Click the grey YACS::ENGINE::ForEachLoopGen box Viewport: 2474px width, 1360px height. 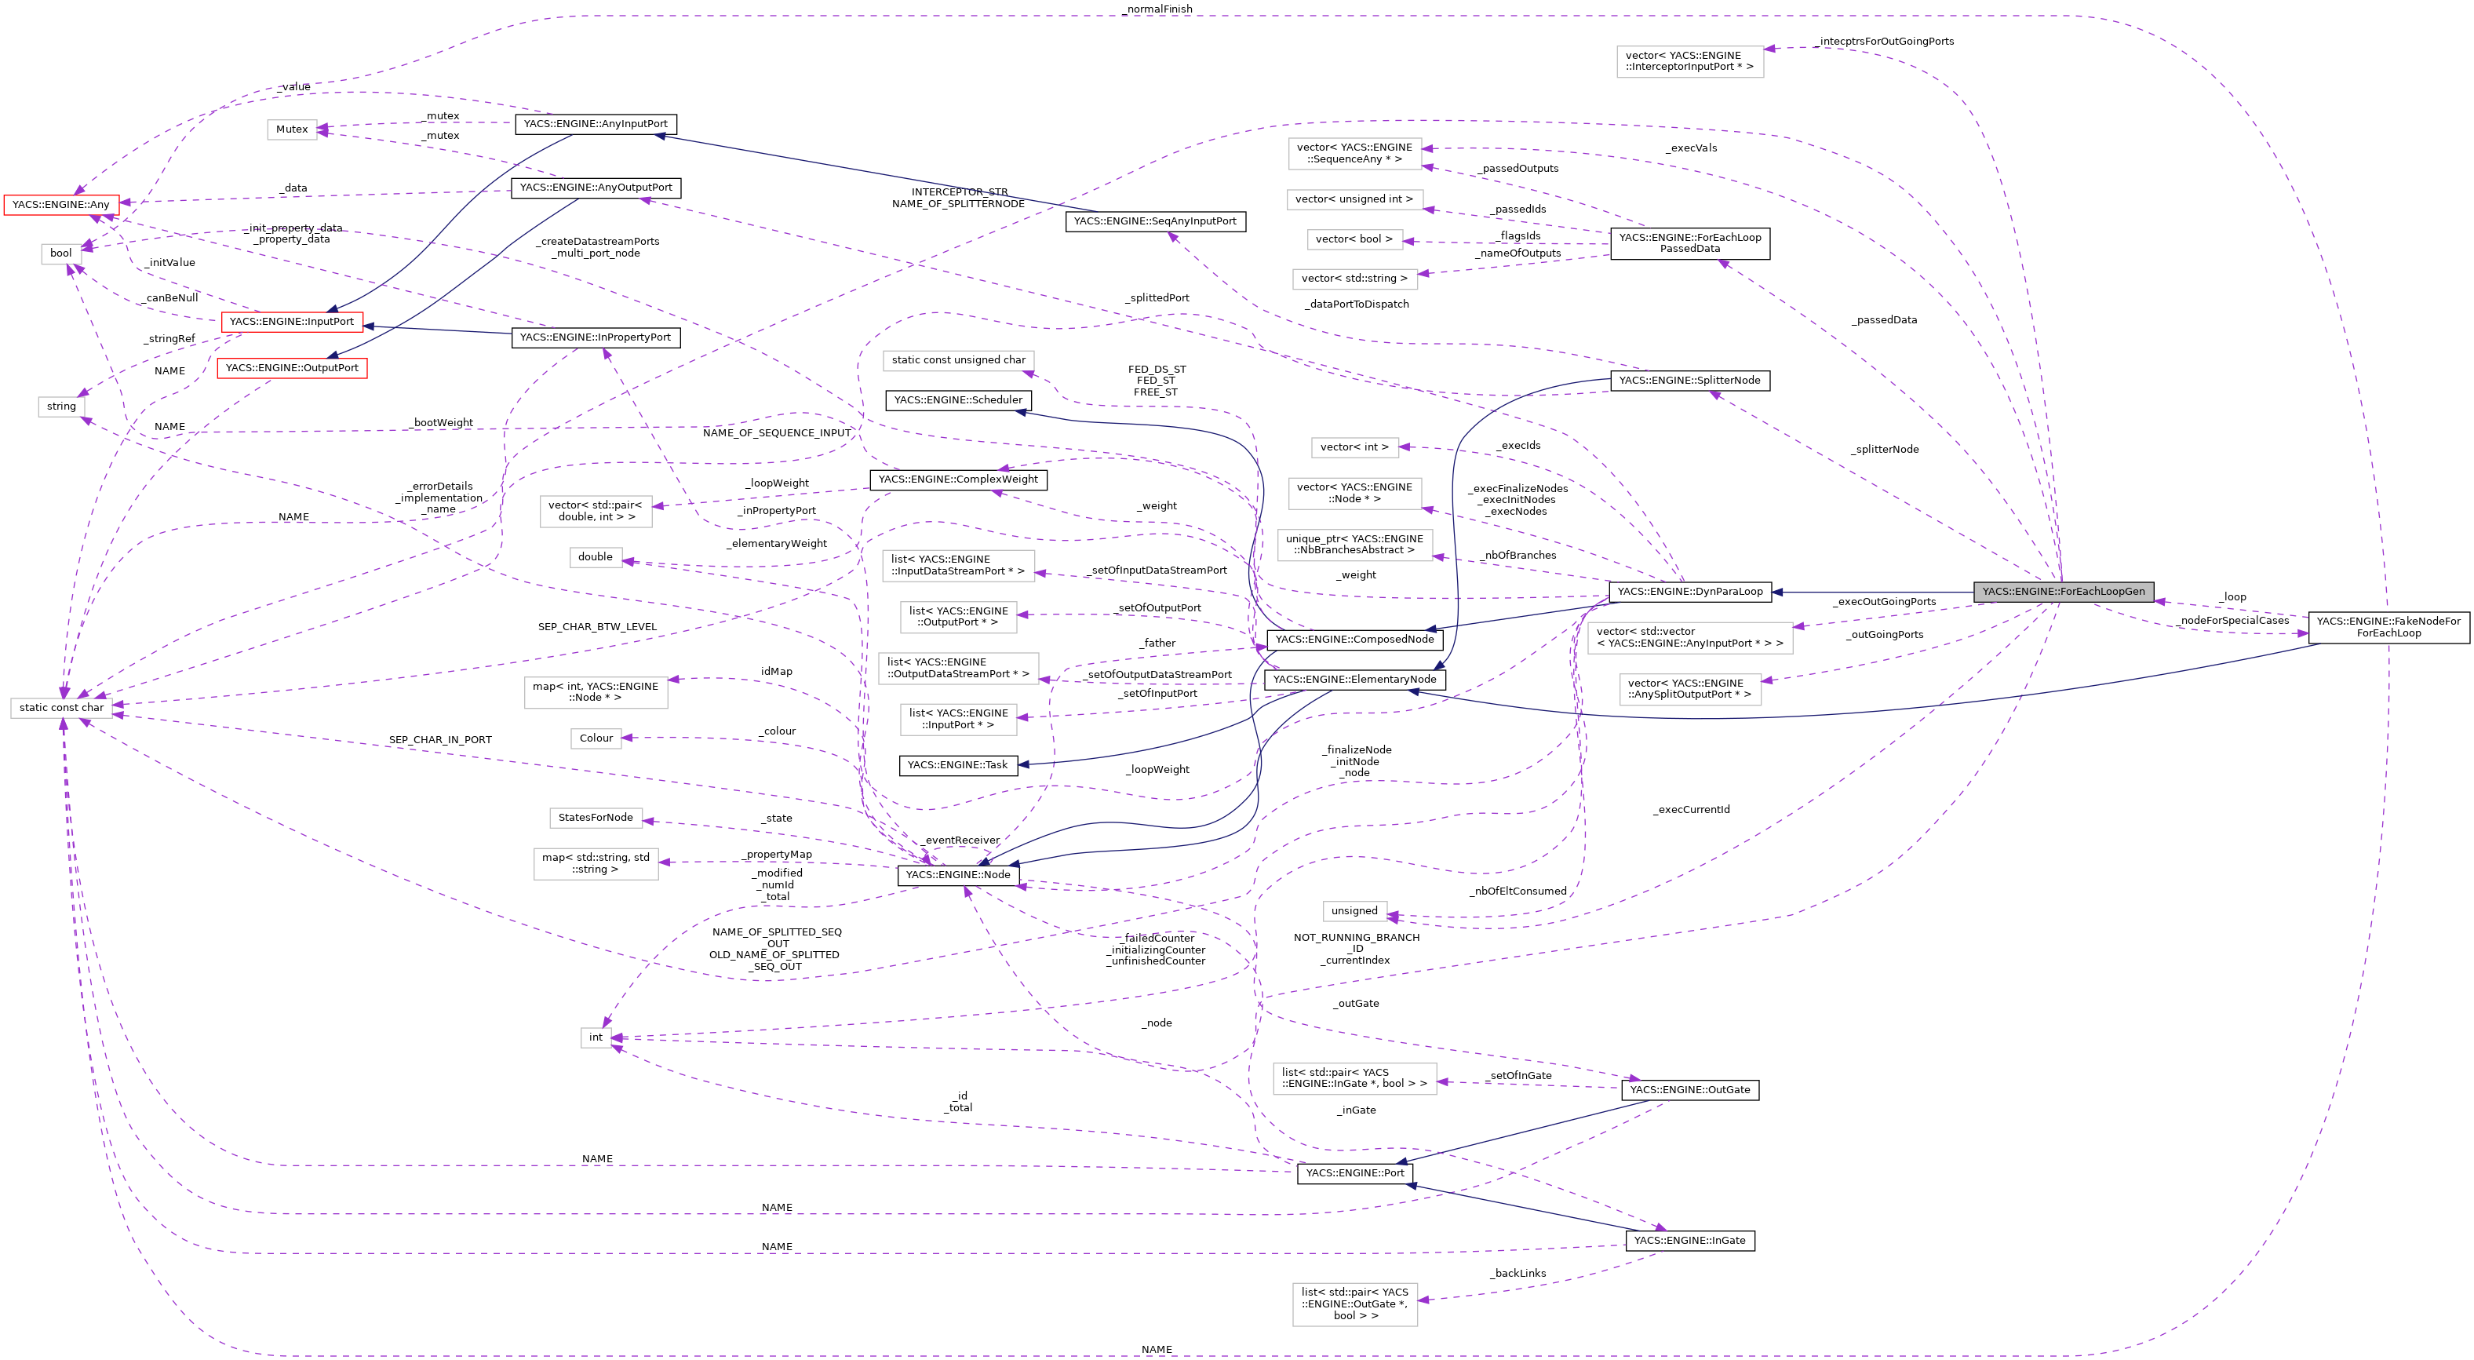(x=2063, y=592)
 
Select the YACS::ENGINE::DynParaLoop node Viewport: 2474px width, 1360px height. (x=1689, y=592)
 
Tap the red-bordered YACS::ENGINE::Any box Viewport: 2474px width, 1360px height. (x=60, y=205)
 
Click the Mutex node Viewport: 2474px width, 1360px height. (x=292, y=129)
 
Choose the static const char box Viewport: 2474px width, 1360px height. (x=61, y=708)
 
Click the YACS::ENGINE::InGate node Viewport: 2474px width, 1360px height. (x=1689, y=1241)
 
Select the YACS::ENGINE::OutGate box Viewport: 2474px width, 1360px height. (x=1689, y=1090)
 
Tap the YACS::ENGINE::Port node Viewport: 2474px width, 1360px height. (x=1354, y=1172)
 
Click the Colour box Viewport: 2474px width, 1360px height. (x=596, y=738)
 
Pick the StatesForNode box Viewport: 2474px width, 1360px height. (x=596, y=819)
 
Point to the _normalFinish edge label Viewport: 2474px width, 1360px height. (x=1157, y=9)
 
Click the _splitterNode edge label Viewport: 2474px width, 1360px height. (x=1886, y=450)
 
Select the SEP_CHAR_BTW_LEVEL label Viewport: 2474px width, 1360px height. (x=597, y=627)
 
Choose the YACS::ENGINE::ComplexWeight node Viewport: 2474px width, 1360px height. (x=957, y=479)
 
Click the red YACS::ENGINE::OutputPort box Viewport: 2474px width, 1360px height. (x=292, y=368)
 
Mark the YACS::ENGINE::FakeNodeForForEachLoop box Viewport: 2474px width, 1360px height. (x=2388, y=627)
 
